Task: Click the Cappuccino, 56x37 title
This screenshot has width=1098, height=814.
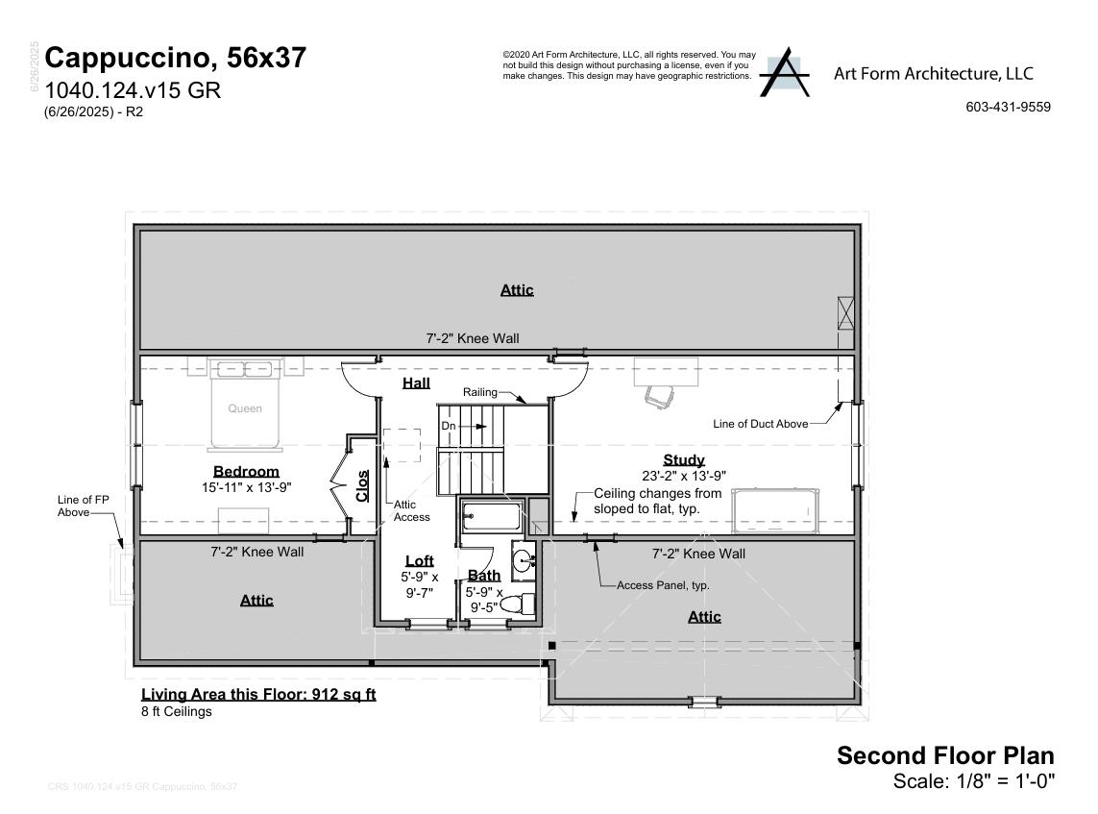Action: [x=176, y=58]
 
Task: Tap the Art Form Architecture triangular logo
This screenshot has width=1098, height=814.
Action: [x=784, y=73]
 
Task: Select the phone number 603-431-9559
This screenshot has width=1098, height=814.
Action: [x=1008, y=107]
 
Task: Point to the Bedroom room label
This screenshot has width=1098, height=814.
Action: [x=246, y=471]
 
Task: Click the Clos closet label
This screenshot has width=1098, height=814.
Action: [x=362, y=485]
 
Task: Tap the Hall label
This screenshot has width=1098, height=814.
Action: [x=416, y=382]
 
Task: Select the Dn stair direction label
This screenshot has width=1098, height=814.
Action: [x=449, y=425]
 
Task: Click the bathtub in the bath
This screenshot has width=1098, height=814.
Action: [x=490, y=516]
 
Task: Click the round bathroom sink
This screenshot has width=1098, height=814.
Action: [x=524, y=561]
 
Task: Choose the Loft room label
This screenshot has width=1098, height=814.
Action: [x=419, y=560]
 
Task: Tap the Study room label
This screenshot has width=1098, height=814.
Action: [x=683, y=459]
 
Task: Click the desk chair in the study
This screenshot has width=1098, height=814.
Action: [x=657, y=395]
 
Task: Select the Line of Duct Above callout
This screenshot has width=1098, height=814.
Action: [x=760, y=424]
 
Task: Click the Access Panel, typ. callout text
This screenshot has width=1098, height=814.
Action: [x=663, y=584]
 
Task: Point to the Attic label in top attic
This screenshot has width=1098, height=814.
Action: [x=517, y=289]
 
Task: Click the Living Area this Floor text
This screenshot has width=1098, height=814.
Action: [x=258, y=694]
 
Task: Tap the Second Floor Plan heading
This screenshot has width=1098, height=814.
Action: [x=944, y=755]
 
